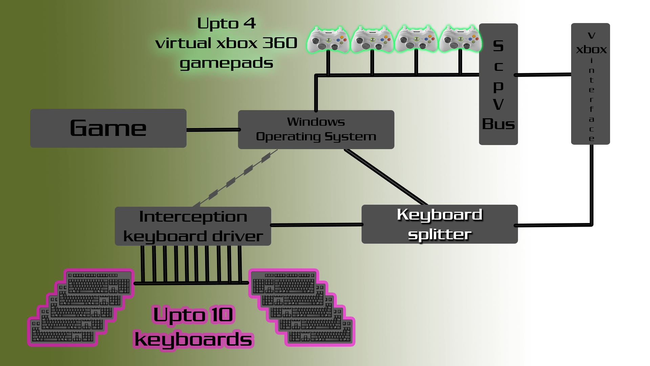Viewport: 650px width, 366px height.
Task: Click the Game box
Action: pos(108,128)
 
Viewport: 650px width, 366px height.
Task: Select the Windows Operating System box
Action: pos(316,129)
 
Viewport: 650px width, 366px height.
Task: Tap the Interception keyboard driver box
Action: pos(193,226)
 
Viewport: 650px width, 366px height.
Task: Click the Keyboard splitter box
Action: pos(439,224)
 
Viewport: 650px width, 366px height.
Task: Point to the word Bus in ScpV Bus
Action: pos(498,124)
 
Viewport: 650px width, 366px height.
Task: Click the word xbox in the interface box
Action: pos(591,49)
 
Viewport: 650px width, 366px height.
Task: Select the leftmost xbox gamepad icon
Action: pos(327,40)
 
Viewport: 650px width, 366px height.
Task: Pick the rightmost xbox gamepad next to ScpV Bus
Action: pos(460,39)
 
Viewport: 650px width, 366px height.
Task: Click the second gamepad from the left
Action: pos(372,40)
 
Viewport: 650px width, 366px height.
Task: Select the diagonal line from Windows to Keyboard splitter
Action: pos(386,177)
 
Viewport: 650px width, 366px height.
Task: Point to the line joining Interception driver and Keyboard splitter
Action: pos(316,225)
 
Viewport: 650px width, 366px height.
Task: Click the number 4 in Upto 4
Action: pos(250,23)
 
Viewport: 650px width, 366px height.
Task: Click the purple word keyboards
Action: pos(193,340)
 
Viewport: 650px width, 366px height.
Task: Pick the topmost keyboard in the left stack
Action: pos(99,283)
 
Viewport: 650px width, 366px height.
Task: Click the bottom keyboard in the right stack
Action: pos(320,335)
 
